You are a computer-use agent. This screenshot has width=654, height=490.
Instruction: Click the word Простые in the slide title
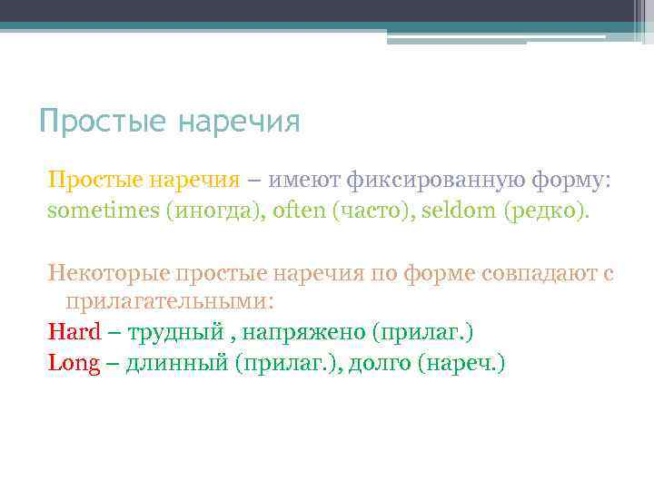point(103,121)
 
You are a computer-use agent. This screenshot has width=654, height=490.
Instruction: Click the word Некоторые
point(108,272)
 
